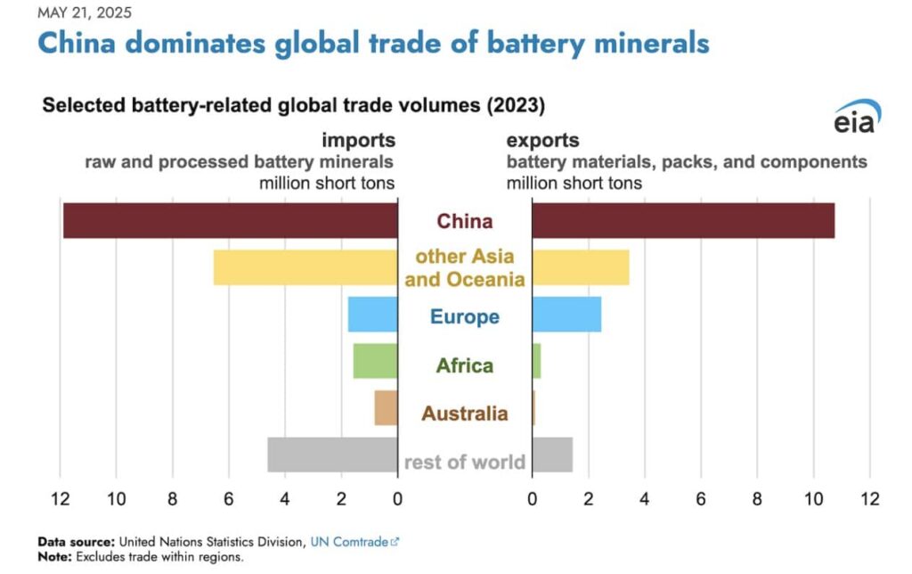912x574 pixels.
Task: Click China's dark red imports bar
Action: (230, 220)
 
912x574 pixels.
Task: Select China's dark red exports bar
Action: (683, 220)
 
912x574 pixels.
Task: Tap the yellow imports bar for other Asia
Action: (305, 267)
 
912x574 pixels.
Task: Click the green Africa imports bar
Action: (375, 361)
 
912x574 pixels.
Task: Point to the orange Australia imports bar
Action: (386, 407)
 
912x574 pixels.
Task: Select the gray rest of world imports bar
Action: (332, 454)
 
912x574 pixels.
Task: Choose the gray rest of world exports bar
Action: (552, 454)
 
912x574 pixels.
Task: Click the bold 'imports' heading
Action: (358, 140)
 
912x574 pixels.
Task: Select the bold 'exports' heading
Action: (542, 140)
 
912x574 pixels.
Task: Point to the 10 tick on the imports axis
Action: (116, 498)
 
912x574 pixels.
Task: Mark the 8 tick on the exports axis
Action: (757, 498)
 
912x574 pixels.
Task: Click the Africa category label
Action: (464, 365)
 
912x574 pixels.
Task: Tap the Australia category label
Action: (464, 414)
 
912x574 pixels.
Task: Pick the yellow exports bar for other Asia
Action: (581, 267)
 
